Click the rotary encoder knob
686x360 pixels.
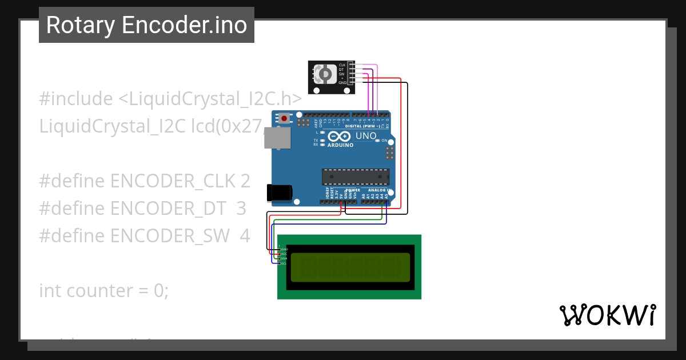coord(325,74)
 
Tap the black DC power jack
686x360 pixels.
coord(280,193)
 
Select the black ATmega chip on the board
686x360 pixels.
coord(356,177)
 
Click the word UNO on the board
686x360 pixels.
coord(366,136)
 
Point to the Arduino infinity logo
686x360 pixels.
coord(340,137)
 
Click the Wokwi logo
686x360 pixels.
coord(607,315)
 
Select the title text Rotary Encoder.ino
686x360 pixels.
coord(146,25)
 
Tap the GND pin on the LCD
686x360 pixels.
coord(284,249)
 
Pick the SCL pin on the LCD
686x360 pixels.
coord(283,263)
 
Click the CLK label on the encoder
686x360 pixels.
coord(342,65)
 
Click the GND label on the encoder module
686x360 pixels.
coord(342,83)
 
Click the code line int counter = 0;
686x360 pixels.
coord(104,290)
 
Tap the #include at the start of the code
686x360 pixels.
coord(76,99)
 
